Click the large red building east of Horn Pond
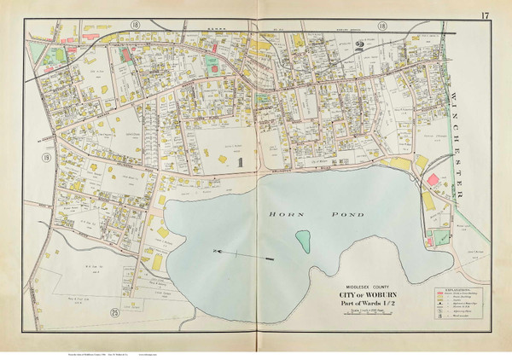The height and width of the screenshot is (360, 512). [435, 181]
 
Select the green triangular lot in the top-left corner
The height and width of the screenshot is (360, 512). [35, 54]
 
